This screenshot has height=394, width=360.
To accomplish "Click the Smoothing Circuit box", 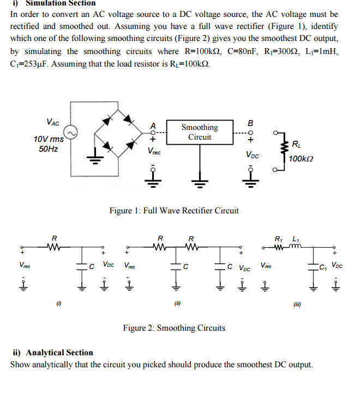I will pos(200,132).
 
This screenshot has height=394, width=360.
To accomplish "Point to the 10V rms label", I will pos(49,139).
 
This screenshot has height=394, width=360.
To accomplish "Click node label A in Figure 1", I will pos(153,125).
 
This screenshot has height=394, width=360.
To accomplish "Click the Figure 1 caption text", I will pos(174,211).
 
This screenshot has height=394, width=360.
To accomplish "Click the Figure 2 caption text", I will pos(174,328).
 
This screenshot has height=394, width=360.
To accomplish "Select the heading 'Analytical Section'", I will pos(53,353).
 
